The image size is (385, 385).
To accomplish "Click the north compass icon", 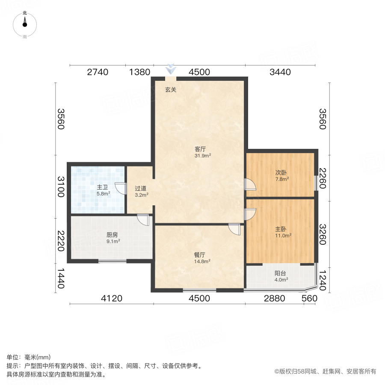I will (25, 25).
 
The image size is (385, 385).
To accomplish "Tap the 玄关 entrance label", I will (171, 90).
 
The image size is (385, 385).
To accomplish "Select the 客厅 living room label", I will (200, 149).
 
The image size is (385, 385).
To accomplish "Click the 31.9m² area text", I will (200, 156).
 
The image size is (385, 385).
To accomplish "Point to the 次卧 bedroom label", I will (280, 173).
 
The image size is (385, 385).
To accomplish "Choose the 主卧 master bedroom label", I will (280, 229).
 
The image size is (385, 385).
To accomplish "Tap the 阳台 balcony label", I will (280, 274).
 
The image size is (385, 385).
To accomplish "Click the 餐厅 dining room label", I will (200, 255).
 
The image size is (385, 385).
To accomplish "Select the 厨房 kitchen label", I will (112, 234).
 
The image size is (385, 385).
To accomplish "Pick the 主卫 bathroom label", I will (102, 187).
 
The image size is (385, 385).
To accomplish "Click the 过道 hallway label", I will (141, 188).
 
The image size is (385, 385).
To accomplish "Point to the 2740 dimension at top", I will (98, 72).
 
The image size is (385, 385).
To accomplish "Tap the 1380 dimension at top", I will (139, 72).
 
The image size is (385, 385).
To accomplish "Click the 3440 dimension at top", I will (280, 72).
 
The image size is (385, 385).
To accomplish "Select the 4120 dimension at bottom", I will (112, 299).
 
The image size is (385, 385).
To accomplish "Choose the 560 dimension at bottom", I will (309, 299).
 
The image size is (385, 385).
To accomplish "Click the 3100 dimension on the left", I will (61, 187).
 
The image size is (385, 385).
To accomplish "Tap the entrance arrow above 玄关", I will (171, 69).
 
